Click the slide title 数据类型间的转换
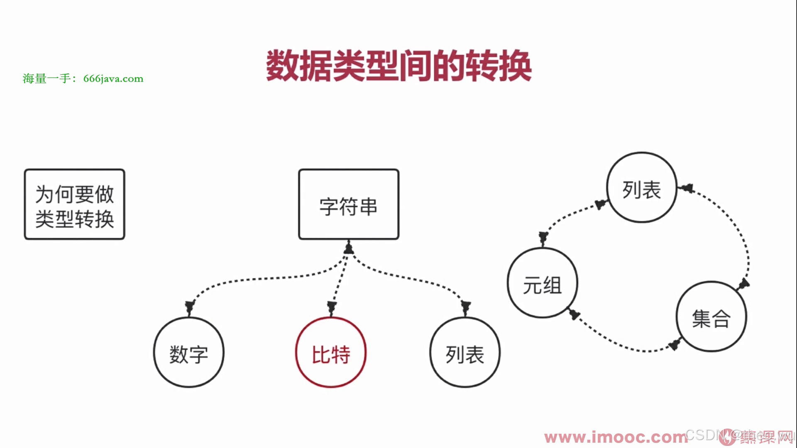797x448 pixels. pyautogui.click(x=398, y=66)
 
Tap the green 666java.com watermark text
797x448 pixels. pyautogui.click(x=83, y=78)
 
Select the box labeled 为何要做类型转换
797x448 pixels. pyautogui.click(x=75, y=204)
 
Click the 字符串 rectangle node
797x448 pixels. pyautogui.click(x=349, y=204)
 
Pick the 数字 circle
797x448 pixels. pyautogui.click(x=189, y=353)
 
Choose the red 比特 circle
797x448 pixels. pyautogui.click(x=331, y=353)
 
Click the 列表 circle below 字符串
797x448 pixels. pyautogui.click(x=465, y=353)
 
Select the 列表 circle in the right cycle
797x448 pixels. pyautogui.click(x=642, y=187)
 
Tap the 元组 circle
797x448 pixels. pyautogui.click(x=543, y=283)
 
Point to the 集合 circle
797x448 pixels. pyautogui.click(x=711, y=317)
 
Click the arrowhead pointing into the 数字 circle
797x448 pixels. pyautogui.click(x=190, y=307)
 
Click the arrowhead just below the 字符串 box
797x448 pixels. pyautogui.click(x=349, y=248)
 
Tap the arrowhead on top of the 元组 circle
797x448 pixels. pyautogui.click(x=543, y=238)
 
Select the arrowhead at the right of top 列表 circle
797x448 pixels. pyautogui.click(x=687, y=188)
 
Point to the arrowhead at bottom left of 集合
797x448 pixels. pyautogui.click(x=675, y=345)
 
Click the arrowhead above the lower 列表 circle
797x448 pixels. pyautogui.click(x=466, y=307)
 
